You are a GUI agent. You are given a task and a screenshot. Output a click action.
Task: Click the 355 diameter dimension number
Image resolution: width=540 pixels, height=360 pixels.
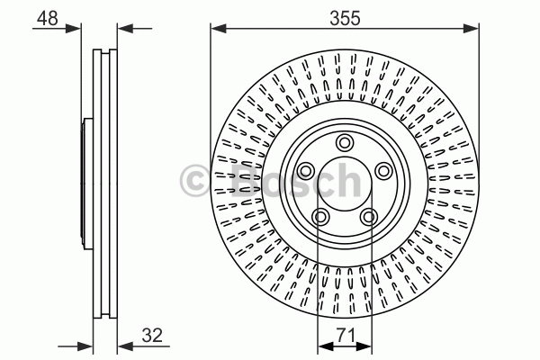(x=345, y=18)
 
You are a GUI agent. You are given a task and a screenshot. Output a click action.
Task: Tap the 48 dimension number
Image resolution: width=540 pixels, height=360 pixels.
(x=48, y=18)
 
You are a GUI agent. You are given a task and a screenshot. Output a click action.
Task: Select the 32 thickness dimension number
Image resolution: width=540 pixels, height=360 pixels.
(x=152, y=335)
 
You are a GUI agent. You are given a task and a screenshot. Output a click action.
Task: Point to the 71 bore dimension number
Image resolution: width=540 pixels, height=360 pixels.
(x=346, y=335)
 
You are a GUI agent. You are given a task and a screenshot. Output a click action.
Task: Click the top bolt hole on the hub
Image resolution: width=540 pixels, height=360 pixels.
(x=345, y=142)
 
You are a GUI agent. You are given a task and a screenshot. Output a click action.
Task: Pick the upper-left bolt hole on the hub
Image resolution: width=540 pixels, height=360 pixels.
(x=305, y=170)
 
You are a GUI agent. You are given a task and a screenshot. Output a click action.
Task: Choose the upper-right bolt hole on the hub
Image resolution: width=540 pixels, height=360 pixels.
(x=383, y=170)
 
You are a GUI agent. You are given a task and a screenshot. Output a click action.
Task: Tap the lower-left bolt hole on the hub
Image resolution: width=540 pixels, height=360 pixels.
(x=319, y=217)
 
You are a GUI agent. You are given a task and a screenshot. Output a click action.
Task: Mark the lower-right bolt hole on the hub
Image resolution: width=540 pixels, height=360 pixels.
(x=369, y=217)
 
